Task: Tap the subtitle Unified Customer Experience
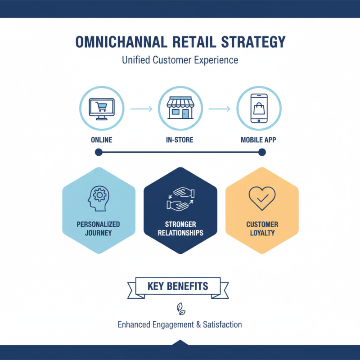click(180, 60)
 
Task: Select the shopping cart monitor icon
click(101, 108)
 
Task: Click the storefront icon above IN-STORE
click(180, 108)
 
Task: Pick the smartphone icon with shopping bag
click(259, 108)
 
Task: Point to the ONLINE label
click(101, 140)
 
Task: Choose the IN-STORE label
click(180, 140)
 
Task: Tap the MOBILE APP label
click(259, 140)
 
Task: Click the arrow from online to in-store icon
click(140, 109)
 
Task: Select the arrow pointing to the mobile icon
click(219, 109)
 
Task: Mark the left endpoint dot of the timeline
click(99, 153)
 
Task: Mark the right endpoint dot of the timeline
click(262, 153)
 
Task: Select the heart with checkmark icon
click(262, 198)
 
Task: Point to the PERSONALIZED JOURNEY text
click(99, 229)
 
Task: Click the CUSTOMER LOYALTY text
click(262, 229)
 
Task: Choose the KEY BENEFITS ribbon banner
click(178, 286)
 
